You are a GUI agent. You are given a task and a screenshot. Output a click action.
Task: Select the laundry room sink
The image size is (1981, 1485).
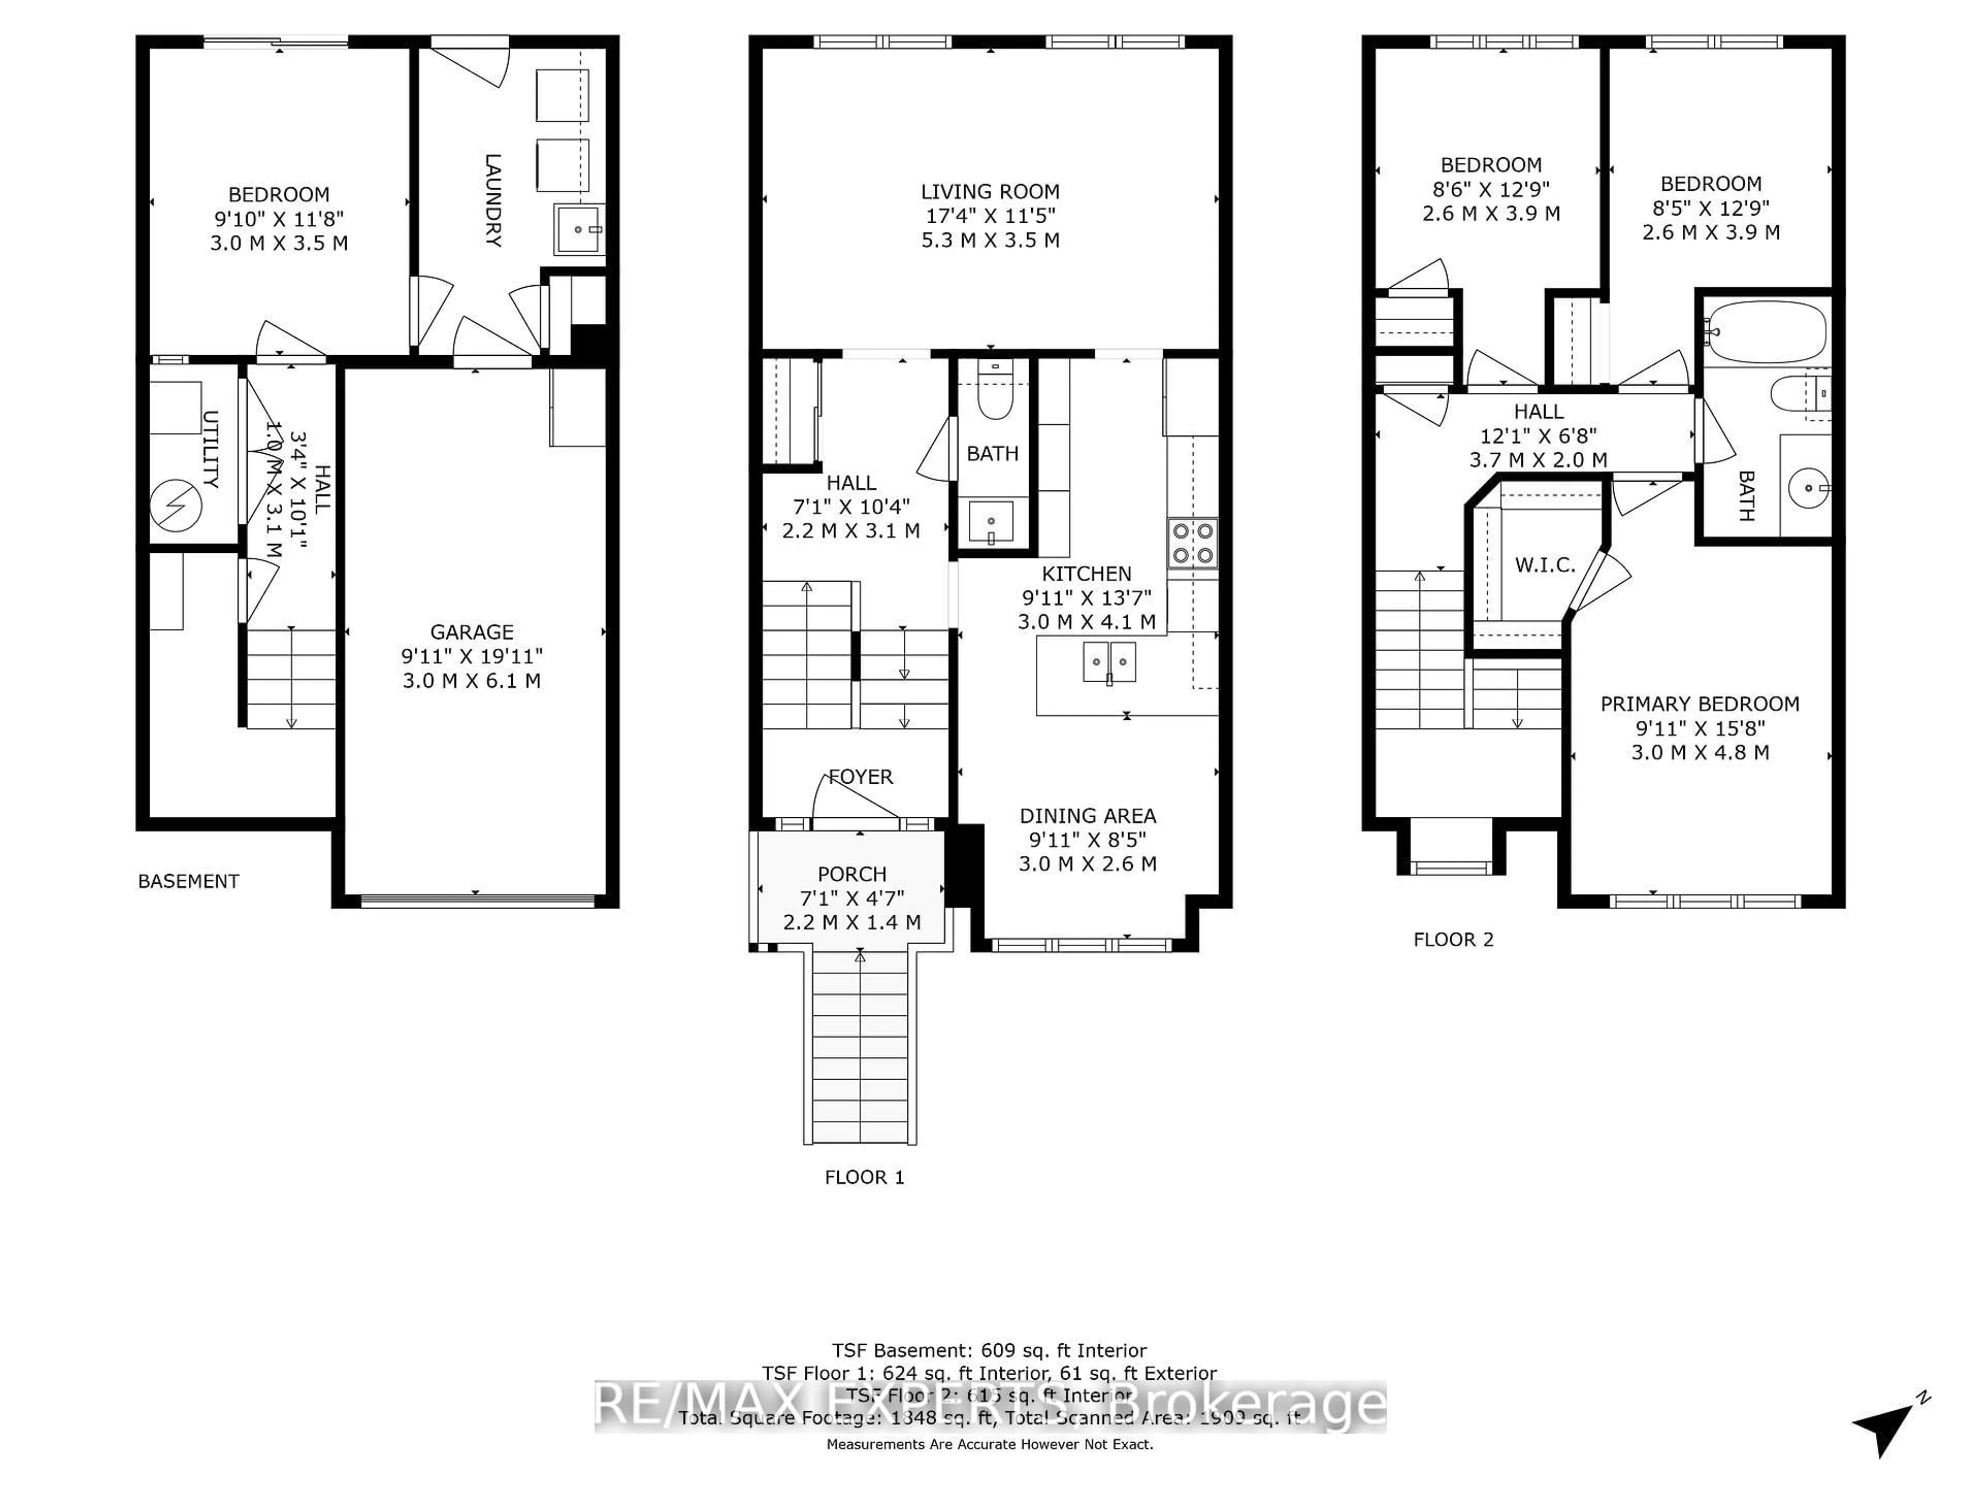coord(578,230)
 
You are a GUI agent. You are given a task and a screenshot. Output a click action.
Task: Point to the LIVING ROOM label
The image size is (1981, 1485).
coord(989,192)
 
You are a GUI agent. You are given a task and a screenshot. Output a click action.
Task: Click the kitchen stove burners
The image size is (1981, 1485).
coord(1192,542)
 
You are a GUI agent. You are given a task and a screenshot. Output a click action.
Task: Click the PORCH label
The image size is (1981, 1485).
coord(852,873)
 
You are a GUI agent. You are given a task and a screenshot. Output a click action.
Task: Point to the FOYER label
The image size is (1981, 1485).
coord(860,777)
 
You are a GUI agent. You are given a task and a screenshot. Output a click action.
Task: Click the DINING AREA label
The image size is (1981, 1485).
coord(1087,815)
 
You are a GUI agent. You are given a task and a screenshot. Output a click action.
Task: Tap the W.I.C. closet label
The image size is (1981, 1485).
coord(1545,565)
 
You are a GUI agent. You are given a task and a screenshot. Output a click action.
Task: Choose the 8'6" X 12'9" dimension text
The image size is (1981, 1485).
coord(1491,189)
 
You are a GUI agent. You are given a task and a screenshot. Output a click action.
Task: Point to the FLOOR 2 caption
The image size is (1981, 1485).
coord(1453,939)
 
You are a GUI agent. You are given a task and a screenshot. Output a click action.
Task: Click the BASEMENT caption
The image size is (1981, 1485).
coord(188,881)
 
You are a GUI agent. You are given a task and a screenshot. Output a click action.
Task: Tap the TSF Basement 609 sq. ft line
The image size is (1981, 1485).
coord(989,1350)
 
